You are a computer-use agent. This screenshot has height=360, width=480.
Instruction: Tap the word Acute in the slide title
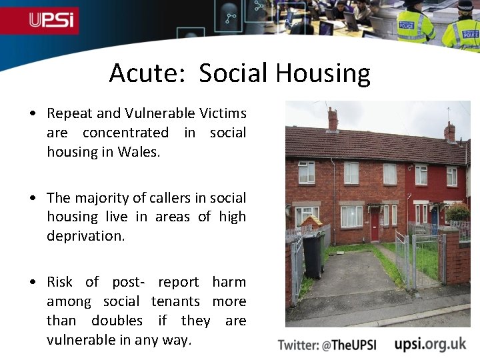[142, 73]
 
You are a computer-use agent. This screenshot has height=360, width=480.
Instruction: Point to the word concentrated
[125, 133]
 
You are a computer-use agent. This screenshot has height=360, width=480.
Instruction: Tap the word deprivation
[85, 236]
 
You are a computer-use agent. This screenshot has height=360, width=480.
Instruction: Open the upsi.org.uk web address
[430, 344]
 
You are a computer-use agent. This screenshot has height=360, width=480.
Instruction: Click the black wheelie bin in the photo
[313, 255]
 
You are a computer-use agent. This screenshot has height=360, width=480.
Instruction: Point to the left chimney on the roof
[332, 119]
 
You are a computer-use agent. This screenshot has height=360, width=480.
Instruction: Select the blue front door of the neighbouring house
[434, 215]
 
